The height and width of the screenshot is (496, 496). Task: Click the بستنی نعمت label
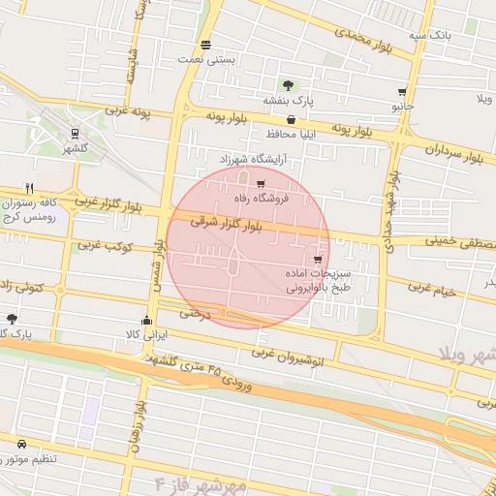[205, 60]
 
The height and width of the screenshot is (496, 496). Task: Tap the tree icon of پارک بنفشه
[288, 84]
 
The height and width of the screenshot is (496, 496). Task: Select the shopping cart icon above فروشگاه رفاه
[261, 183]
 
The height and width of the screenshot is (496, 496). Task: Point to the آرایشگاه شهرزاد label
[248, 159]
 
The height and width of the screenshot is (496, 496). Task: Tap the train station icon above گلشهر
[76, 135]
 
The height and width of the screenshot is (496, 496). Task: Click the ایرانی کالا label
[149, 334]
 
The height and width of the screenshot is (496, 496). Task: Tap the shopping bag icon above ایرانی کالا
[146, 320]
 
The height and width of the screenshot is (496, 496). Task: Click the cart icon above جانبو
[401, 93]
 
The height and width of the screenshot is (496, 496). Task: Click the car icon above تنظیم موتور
[21, 443]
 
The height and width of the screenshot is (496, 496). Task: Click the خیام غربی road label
[431, 288]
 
